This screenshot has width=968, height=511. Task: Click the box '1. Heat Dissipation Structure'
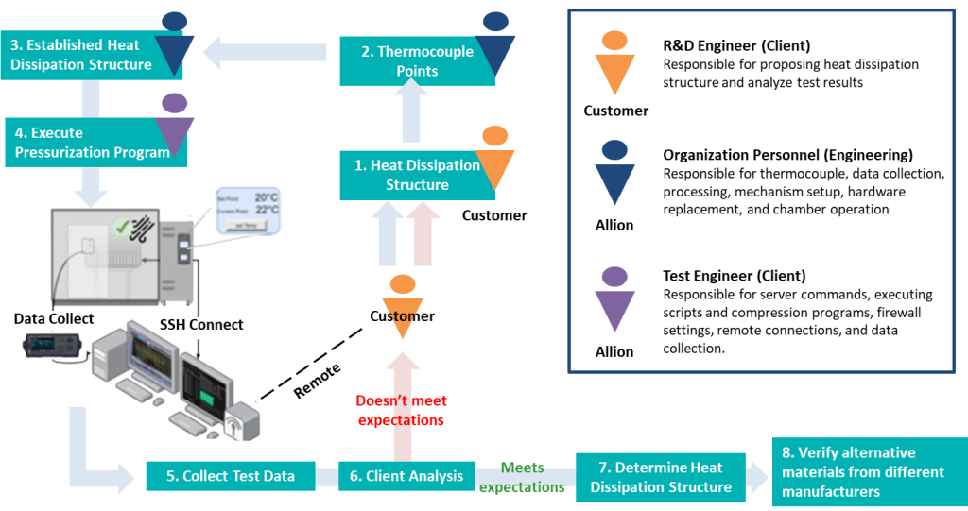pyautogui.click(x=416, y=175)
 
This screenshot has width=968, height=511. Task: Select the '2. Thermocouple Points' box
pyautogui.click(x=417, y=61)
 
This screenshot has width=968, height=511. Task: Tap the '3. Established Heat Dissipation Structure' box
pyautogui.click(x=80, y=55)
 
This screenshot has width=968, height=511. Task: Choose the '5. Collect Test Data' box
pyautogui.click(x=230, y=476)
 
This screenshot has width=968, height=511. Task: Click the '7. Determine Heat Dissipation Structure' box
pyautogui.click(x=661, y=477)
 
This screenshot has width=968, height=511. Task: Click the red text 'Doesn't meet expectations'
pyautogui.click(x=401, y=410)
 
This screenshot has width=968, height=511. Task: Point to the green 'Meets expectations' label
pyautogui.click(x=522, y=477)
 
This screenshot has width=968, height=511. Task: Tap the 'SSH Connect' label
pyautogui.click(x=201, y=325)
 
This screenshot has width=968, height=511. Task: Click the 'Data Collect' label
pyautogui.click(x=54, y=319)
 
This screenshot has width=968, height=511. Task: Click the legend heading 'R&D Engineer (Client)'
pyautogui.click(x=736, y=45)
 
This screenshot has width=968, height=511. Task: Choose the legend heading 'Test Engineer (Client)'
pyautogui.click(x=734, y=276)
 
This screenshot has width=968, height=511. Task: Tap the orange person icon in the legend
pyautogui.click(x=614, y=62)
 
